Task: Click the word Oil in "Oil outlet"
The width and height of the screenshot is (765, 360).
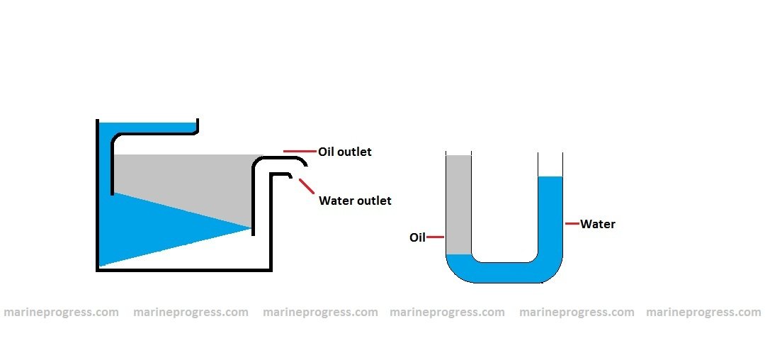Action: (x=327, y=152)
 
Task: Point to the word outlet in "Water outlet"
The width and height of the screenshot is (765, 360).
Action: (x=374, y=201)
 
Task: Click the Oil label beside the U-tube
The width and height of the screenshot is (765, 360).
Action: (x=417, y=237)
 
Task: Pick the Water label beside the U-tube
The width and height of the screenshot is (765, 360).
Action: (x=598, y=224)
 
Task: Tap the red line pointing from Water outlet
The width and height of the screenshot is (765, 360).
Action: (x=307, y=186)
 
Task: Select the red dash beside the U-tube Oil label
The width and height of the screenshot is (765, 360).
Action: (x=435, y=237)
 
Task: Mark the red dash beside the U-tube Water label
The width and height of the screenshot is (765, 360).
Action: (x=572, y=224)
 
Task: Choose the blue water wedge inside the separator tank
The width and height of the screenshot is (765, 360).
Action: (x=142, y=223)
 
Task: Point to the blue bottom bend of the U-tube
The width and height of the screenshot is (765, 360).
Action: (x=504, y=273)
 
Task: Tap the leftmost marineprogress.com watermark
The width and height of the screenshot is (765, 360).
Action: (x=61, y=312)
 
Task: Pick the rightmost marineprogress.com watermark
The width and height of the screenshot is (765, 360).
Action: (x=703, y=312)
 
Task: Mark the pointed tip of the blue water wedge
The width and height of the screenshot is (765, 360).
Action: (x=251, y=228)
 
